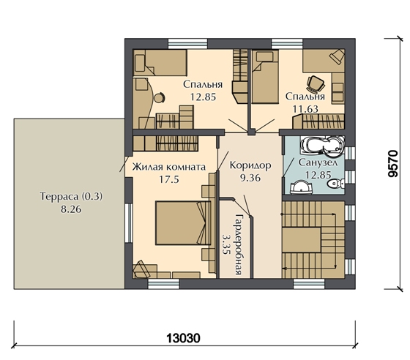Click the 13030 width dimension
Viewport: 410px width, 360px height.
pyautogui.click(x=183, y=338)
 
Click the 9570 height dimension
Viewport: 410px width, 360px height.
pyautogui.click(x=393, y=164)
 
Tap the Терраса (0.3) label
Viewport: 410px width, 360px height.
pyautogui.click(x=71, y=196)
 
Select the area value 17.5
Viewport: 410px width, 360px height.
pyautogui.click(x=169, y=179)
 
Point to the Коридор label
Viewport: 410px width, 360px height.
pyautogui.click(x=250, y=165)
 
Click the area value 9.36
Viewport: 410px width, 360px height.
pyautogui.click(x=250, y=178)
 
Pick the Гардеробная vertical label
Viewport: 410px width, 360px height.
pyautogui.click(x=238, y=244)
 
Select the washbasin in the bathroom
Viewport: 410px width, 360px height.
pyautogui.click(x=302, y=188)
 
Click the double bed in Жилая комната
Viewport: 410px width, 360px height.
pyautogui.click(x=183, y=223)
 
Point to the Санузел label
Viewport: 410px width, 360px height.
pyautogui.click(x=318, y=163)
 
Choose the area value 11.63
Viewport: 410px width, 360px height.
pyautogui.click(x=305, y=109)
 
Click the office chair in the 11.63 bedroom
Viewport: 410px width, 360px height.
pyautogui.click(x=316, y=84)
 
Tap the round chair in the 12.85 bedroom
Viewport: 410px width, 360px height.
pyautogui.click(x=159, y=98)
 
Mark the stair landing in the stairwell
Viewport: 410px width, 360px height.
pyautogui.click(x=301, y=239)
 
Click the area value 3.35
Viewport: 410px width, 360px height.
pyautogui.click(x=225, y=244)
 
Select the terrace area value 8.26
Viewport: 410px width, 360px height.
pyautogui.click(x=71, y=209)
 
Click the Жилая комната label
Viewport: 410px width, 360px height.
pyautogui.click(x=168, y=168)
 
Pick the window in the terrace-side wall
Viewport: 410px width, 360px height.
pyautogui.click(x=128, y=223)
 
